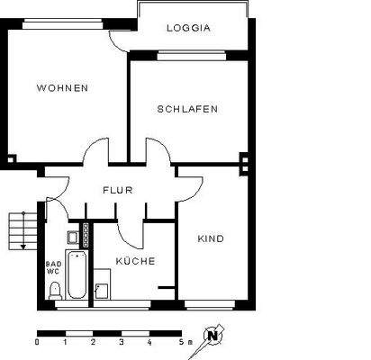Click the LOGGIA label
pyautogui.click(x=188, y=28)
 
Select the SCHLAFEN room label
pyautogui.click(x=187, y=109)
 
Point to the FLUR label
pyautogui.click(x=119, y=190)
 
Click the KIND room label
pyautogui.click(x=211, y=238)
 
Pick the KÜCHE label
pyautogui.click(x=135, y=261)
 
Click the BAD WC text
pyautogui.click(x=53, y=268)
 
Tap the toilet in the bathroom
pyautogui.click(x=55, y=289)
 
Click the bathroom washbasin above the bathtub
pyautogui.click(x=72, y=238)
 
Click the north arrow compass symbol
pyautogui.click(x=213, y=337)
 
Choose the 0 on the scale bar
pyautogui.click(x=37, y=342)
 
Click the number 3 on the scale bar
pyautogui.click(x=121, y=342)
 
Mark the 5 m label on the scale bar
pyautogui.click(x=182, y=342)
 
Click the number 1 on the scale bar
pyautogui.click(x=65, y=342)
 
